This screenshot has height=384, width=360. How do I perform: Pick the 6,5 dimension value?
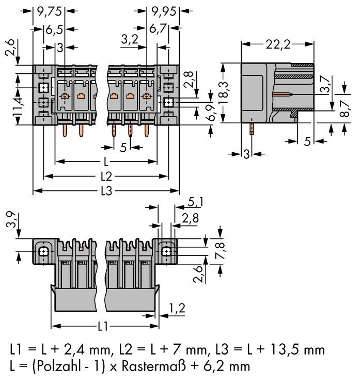click(x=52, y=30)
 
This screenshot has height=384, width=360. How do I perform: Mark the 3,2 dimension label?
click(x=129, y=39)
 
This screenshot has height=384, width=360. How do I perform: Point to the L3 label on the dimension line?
click(x=106, y=191)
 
